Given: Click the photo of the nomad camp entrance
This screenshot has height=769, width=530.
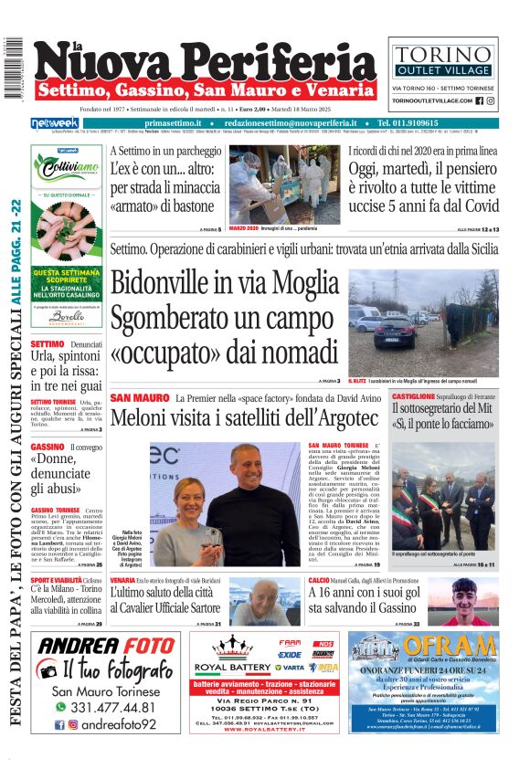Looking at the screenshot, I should (x=423, y=322).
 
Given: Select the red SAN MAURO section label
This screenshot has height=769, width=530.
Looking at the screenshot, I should (x=139, y=398).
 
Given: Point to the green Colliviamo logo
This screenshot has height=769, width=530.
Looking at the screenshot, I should (x=65, y=167).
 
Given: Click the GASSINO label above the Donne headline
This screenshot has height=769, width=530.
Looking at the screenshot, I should (x=48, y=447).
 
